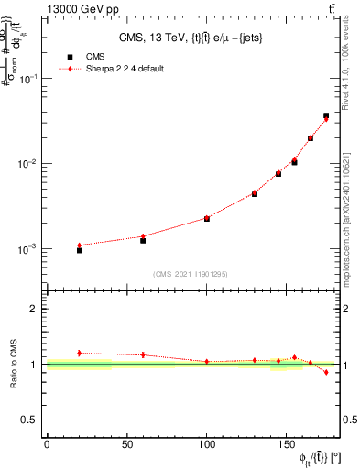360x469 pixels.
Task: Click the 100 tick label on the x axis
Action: click(207, 444)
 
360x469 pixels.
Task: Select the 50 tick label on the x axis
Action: click(126, 444)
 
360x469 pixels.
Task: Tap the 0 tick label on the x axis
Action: click(47, 444)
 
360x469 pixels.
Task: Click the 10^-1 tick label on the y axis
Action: click(29, 80)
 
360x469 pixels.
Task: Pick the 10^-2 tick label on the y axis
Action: click(29, 164)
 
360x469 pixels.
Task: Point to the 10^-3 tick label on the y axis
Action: click(29, 249)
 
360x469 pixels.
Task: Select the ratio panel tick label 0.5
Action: click(32, 420)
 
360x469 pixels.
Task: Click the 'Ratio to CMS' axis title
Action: click(14, 364)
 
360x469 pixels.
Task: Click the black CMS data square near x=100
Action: click(207, 219)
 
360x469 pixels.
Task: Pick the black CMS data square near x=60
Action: click(143, 240)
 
